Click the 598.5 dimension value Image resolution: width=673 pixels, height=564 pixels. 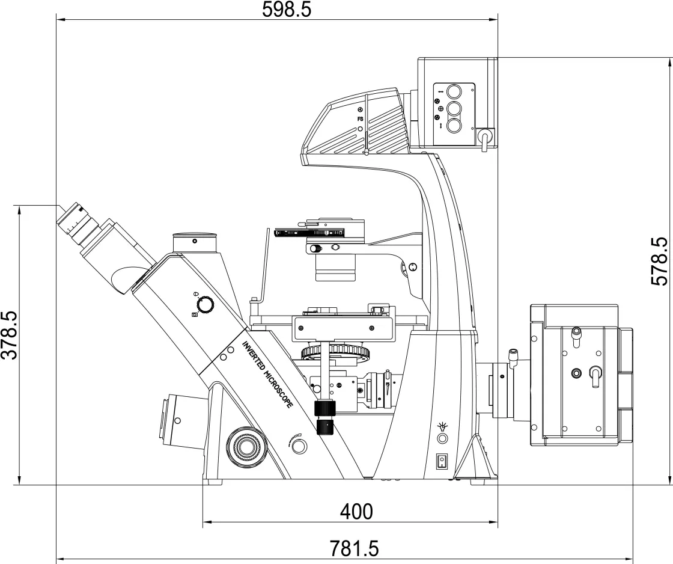click(286, 10)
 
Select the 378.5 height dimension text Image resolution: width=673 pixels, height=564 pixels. click(9, 336)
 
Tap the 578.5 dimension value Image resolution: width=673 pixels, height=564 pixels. click(660, 261)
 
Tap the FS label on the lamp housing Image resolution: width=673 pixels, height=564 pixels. click(360, 119)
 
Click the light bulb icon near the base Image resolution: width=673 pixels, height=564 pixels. click(442, 426)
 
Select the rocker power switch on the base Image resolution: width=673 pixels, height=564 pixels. click(441, 461)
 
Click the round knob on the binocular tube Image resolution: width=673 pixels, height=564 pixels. click(206, 305)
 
